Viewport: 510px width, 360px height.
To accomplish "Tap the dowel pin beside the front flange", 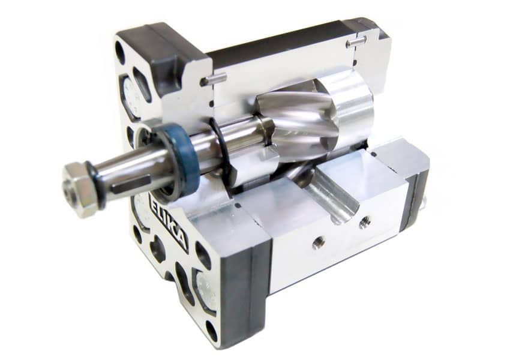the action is (214, 79).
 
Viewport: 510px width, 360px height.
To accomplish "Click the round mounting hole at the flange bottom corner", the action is (212, 331).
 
